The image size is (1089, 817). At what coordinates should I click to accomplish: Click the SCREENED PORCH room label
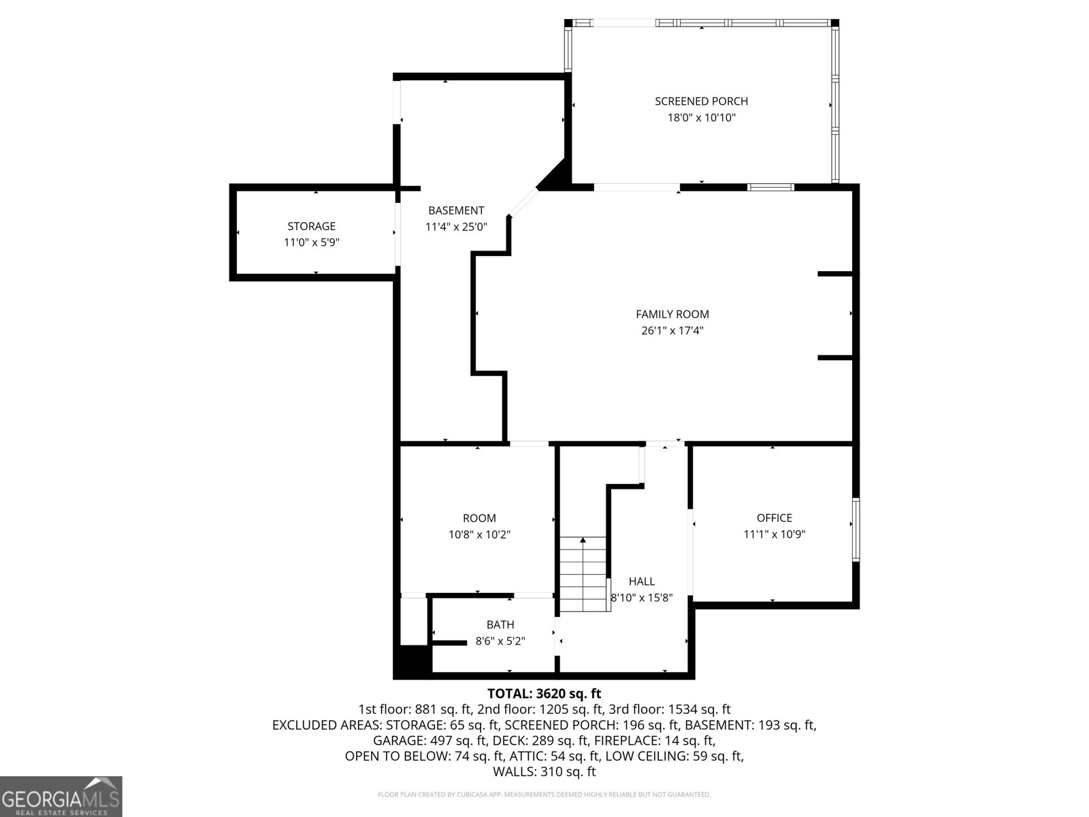701,101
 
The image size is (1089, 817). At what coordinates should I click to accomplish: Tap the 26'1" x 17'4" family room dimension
672,331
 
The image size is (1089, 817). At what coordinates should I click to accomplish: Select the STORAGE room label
311,226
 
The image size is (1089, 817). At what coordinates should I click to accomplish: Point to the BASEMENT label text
456,210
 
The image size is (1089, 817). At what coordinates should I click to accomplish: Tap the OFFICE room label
774,518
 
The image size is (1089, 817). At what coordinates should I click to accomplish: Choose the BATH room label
500,624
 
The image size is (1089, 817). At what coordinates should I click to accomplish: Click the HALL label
641,581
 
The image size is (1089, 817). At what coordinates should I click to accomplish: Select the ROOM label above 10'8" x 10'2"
479,518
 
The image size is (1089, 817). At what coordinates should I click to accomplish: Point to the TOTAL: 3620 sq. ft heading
544,694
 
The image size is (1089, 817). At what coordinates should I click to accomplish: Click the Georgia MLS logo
61,796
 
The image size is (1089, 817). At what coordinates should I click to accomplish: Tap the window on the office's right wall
856,529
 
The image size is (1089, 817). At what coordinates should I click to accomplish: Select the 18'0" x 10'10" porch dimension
701,118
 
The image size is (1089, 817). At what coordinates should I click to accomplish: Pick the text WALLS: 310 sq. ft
544,771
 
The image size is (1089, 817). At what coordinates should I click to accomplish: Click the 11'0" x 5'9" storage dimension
311,242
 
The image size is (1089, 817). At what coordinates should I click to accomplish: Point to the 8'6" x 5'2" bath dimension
500,641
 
